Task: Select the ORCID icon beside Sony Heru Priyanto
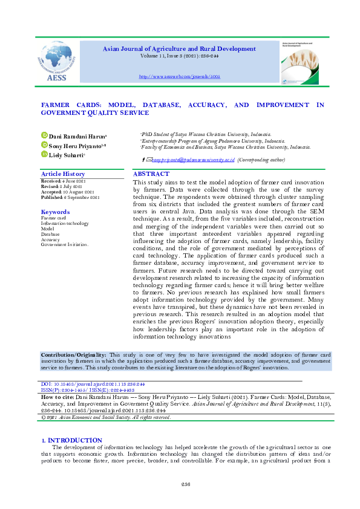coord(44,146)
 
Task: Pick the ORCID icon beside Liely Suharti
coord(44,155)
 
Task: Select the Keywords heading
coord(54,212)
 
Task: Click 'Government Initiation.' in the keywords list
coord(65,245)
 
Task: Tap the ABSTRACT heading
coord(151,174)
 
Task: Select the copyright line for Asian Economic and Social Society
coord(105,417)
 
